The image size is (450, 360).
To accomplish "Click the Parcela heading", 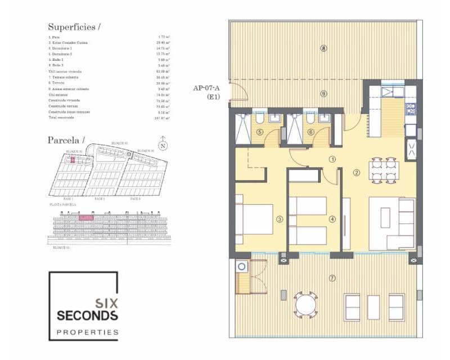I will [x=66, y=139].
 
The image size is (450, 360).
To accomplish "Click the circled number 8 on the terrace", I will [x=323, y=48].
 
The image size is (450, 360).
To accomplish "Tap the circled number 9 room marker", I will [x=323, y=93].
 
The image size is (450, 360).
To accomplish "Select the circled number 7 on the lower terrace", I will [x=332, y=278].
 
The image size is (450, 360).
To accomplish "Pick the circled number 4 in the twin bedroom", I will [x=332, y=219].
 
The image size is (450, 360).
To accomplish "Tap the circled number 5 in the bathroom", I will [x=259, y=132].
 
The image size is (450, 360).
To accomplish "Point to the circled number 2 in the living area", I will [x=355, y=172].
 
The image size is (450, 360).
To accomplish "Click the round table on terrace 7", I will [x=305, y=306].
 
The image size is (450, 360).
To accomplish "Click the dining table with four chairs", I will [x=384, y=169].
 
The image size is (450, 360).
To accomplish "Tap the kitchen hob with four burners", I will [x=411, y=109].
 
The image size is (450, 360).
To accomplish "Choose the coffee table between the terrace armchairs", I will [x=374, y=307].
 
